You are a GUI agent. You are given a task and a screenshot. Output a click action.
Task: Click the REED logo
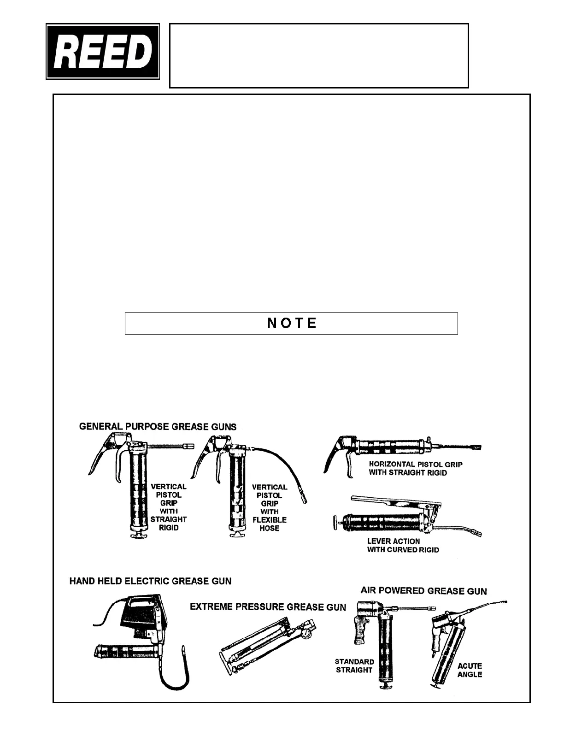(x=103, y=52)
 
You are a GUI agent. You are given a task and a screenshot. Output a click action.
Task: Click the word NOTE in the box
(x=292, y=323)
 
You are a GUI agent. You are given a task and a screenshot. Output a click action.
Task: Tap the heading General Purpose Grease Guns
(x=158, y=427)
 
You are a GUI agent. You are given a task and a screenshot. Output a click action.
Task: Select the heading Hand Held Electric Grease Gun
(x=150, y=581)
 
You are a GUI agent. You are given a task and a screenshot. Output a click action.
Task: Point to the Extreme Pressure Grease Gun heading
(x=268, y=607)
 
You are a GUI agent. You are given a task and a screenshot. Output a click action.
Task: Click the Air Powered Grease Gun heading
(x=423, y=591)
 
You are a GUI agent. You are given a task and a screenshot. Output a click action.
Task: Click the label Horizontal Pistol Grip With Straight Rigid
(x=415, y=468)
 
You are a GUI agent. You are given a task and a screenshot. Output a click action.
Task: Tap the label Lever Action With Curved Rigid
(x=403, y=545)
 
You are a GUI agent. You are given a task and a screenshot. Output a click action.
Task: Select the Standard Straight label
(x=354, y=665)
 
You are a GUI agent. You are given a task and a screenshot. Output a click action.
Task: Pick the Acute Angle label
(x=470, y=670)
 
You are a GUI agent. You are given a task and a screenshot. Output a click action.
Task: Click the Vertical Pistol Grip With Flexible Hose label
(x=270, y=507)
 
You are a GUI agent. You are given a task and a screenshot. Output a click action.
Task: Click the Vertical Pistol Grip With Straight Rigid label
(x=168, y=506)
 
